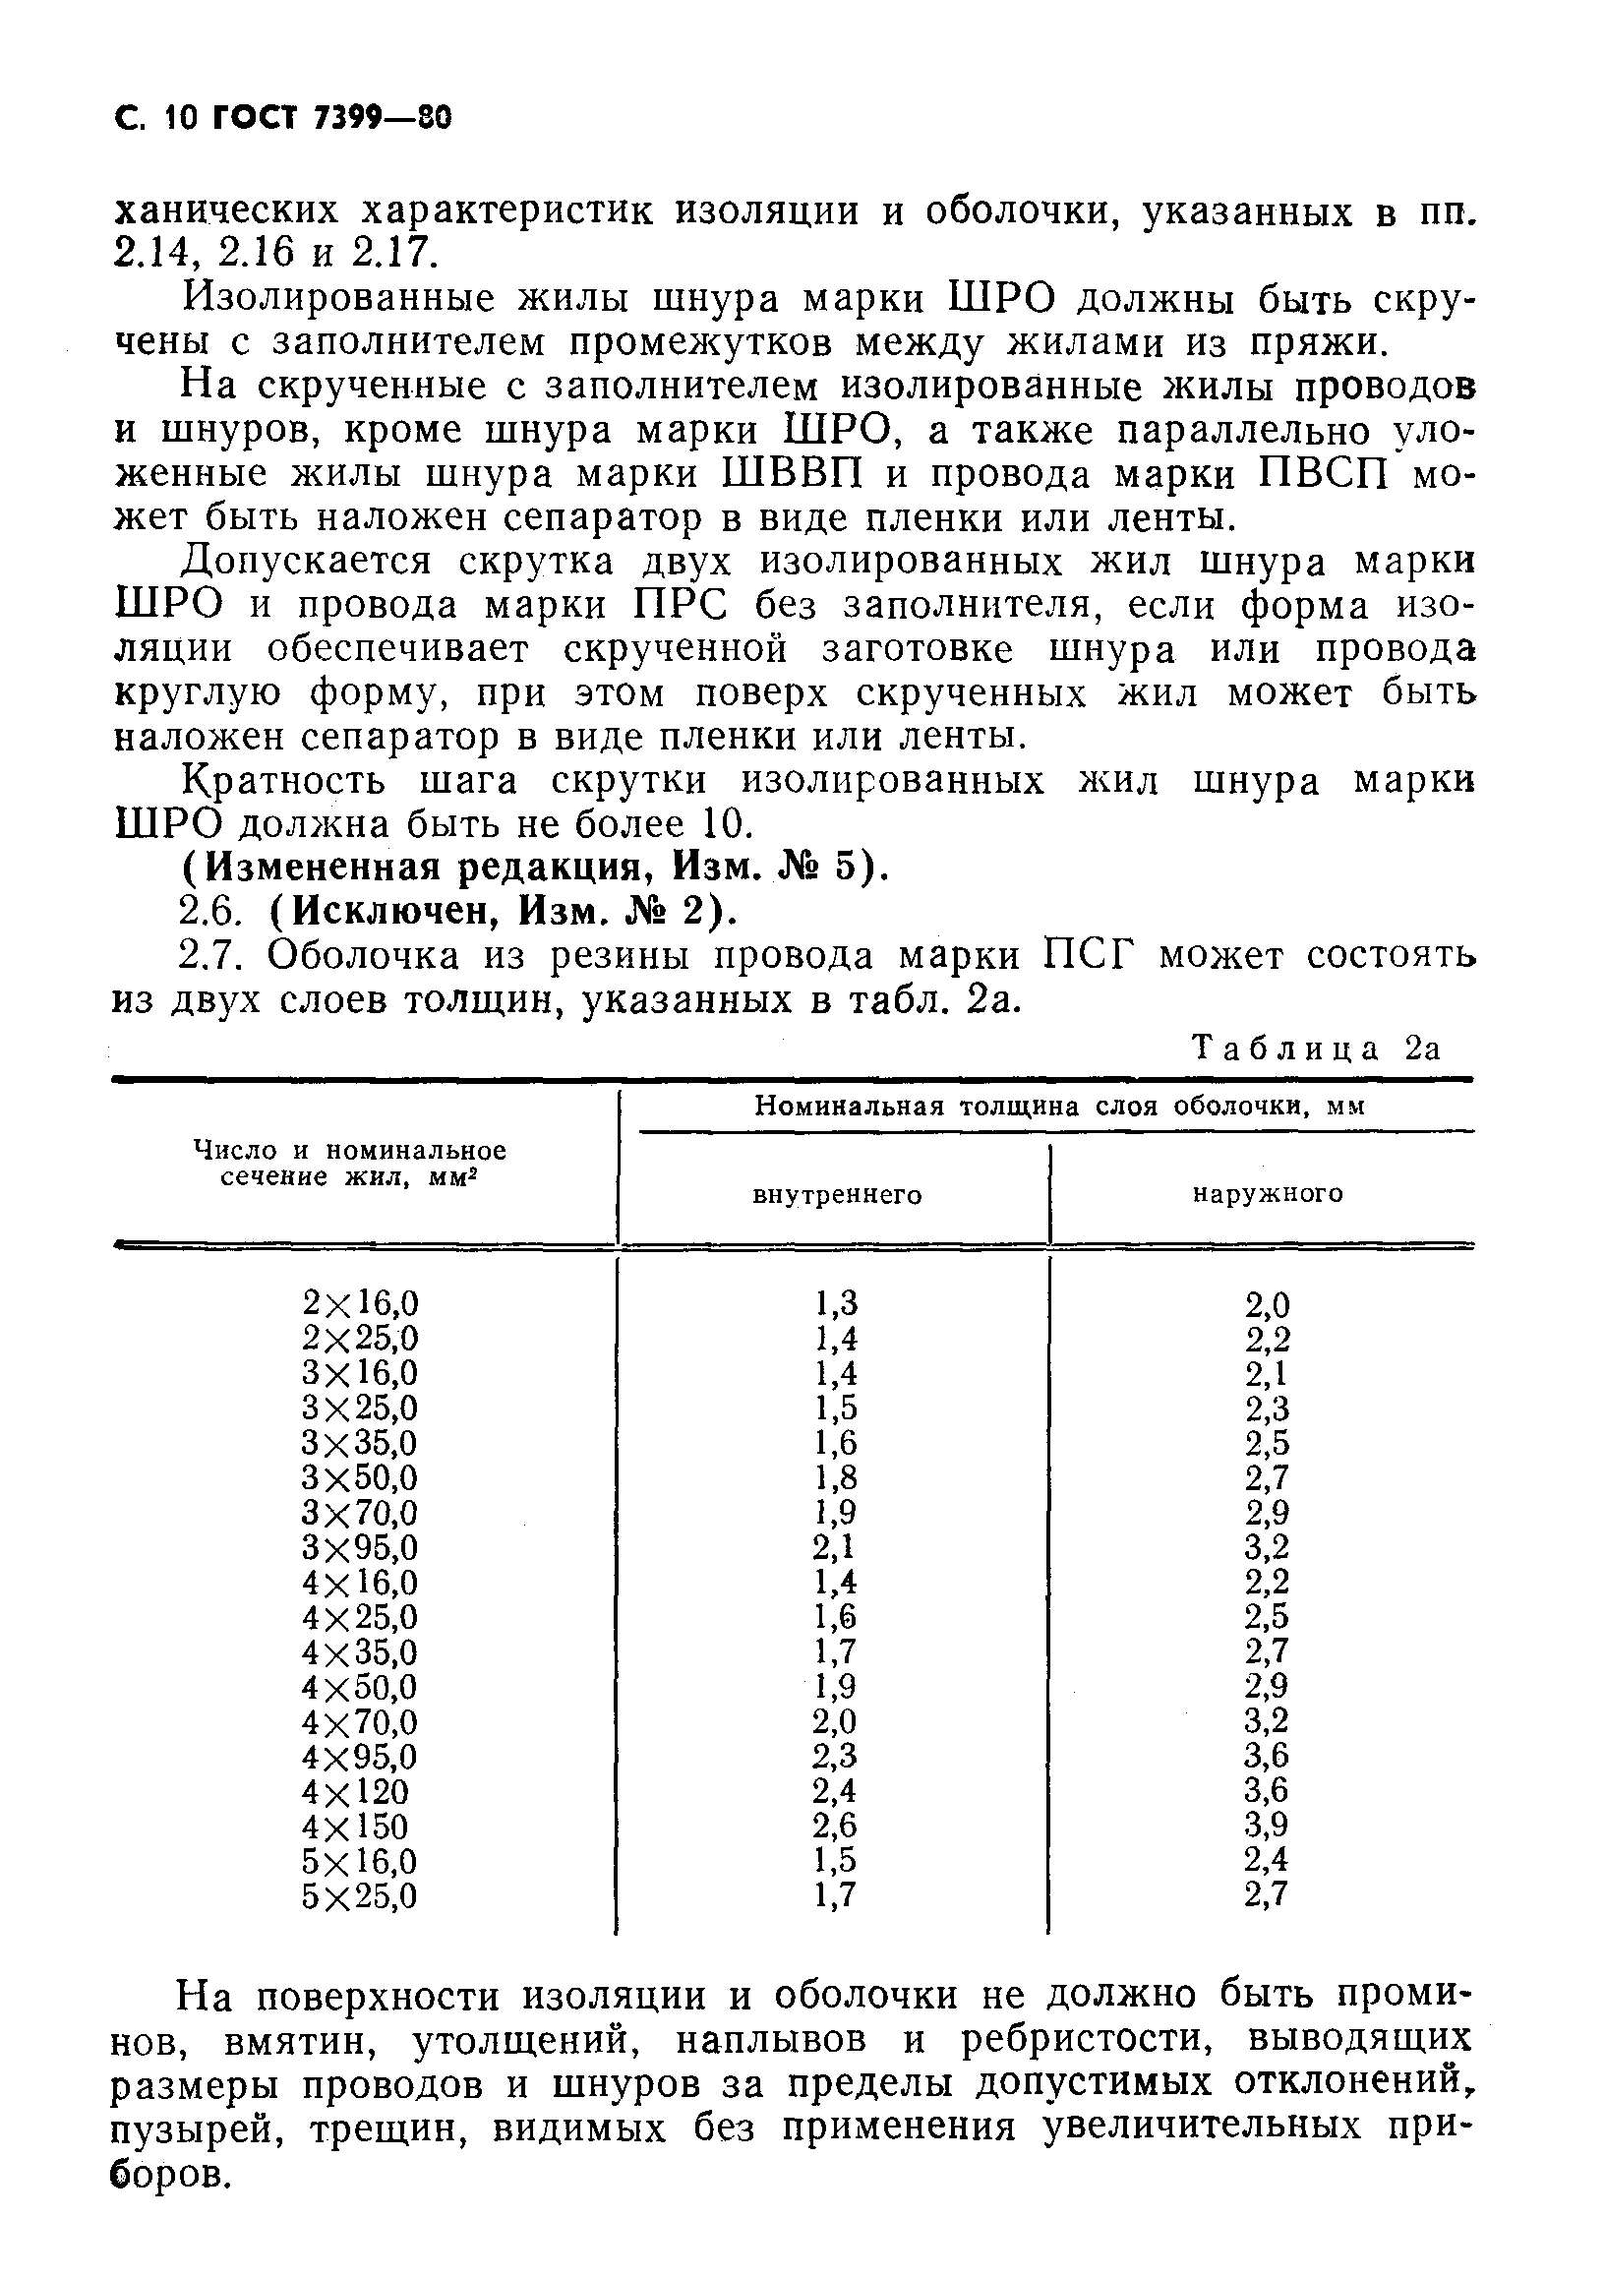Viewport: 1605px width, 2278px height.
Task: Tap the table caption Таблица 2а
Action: pyautogui.click(x=1315, y=1048)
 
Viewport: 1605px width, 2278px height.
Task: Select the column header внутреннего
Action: pyautogui.click(x=837, y=1195)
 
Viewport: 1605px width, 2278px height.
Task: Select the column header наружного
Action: pyautogui.click(x=1267, y=1193)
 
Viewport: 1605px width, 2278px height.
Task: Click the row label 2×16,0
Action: pyautogui.click(x=360, y=1302)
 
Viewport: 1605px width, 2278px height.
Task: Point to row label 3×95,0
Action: pyautogui.click(x=360, y=1547)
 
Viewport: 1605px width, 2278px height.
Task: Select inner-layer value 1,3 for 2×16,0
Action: pyautogui.click(x=835, y=1302)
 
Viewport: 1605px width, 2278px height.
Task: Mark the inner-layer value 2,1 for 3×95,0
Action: pyautogui.click(x=834, y=1547)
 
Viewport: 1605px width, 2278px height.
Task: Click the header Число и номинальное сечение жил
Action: pyautogui.click(x=349, y=1164)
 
